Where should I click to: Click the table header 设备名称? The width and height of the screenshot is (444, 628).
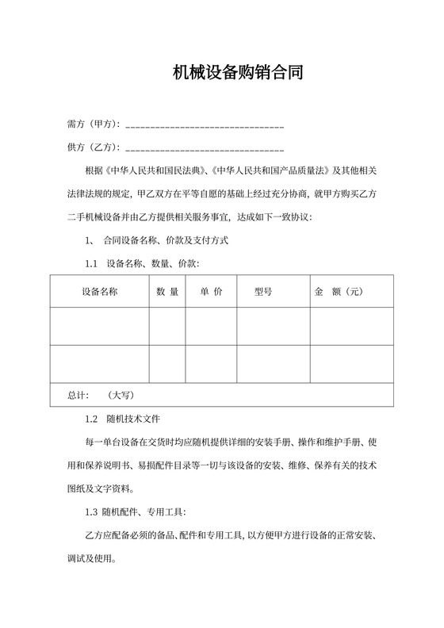(99, 292)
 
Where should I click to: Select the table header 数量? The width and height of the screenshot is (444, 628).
(167, 292)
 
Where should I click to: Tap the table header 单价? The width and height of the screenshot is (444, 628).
(211, 292)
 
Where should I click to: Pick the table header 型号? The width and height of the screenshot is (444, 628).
(263, 292)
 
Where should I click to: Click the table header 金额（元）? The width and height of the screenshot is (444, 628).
(339, 292)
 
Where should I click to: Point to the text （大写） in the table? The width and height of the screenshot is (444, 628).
(120, 394)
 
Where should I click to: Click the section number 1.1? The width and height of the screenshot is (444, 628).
(90, 262)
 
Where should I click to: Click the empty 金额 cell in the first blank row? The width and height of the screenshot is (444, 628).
(351, 327)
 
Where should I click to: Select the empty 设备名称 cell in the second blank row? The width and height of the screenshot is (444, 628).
(99, 364)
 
